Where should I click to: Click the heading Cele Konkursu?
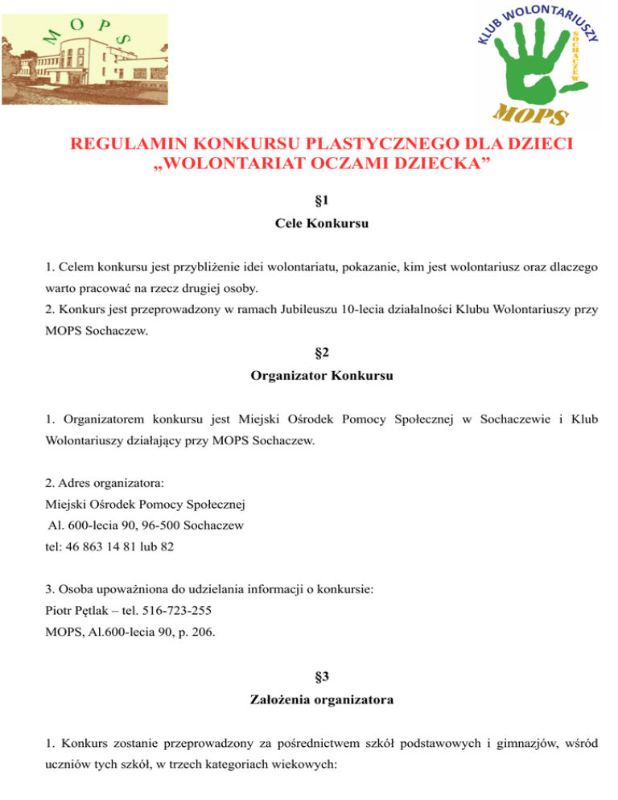click(310, 226)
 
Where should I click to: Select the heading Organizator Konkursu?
click(310, 375)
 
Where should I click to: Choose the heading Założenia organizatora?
click(310, 700)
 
